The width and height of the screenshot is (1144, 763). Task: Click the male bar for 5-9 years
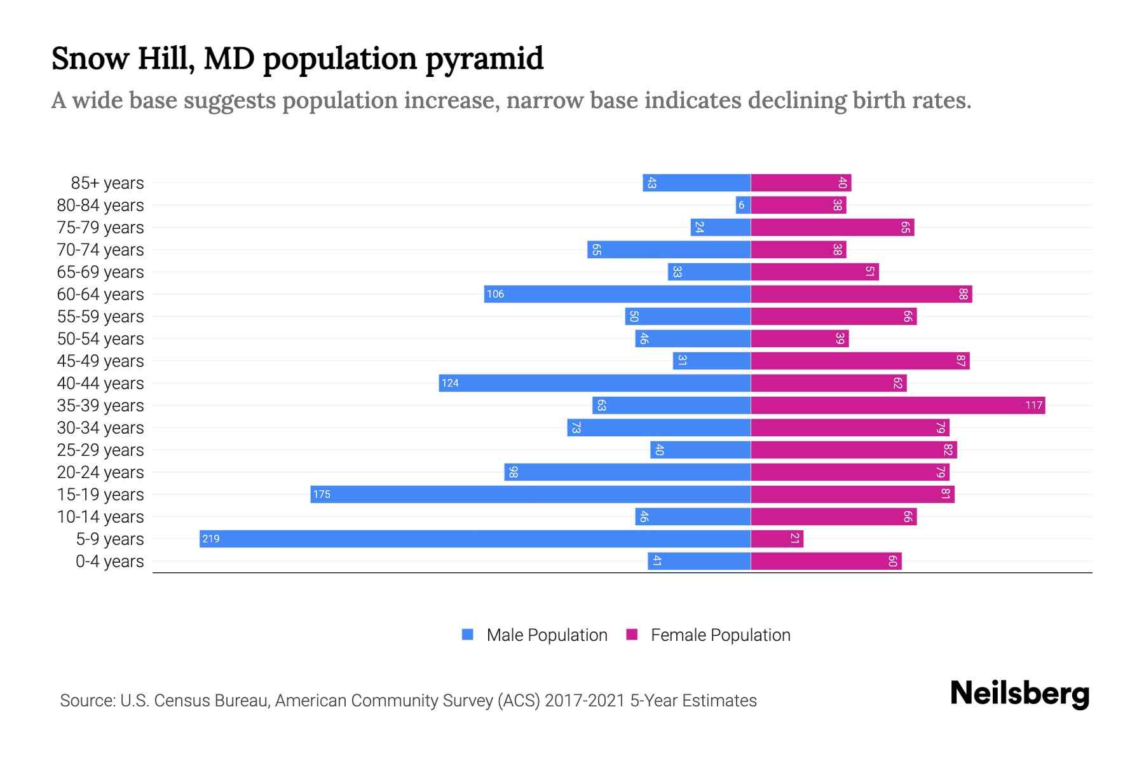click(475, 539)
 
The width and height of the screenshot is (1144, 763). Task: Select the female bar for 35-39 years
click(897, 405)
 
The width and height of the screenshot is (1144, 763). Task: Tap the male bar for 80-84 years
click(743, 205)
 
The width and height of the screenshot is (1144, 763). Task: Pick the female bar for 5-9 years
click(777, 539)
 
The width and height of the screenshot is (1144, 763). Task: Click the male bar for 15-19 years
click(531, 494)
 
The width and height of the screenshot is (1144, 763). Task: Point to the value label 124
click(450, 383)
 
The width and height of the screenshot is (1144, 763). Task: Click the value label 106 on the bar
click(495, 294)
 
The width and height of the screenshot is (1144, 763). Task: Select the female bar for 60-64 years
click(861, 294)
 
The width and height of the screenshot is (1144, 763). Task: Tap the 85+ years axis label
click(107, 183)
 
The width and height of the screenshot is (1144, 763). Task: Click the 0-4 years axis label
click(109, 561)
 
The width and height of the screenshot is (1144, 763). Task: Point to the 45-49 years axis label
click(100, 361)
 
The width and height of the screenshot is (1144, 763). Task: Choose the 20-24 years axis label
click(100, 472)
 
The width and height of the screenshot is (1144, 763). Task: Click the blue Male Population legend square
click(468, 635)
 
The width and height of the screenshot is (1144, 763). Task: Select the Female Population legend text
click(720, 635)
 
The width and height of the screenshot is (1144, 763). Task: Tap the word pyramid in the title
click(484, 59)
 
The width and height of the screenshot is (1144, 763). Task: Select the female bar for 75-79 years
click(832, 227)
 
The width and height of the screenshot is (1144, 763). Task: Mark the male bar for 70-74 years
click(669, 249)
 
